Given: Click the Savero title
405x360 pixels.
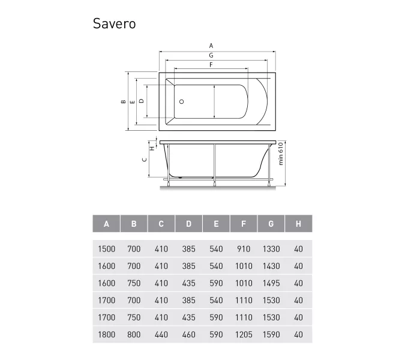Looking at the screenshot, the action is pyautogui.click(x=114, y=23).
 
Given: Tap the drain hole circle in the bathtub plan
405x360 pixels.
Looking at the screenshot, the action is pyautogui.click(x=182, y=102).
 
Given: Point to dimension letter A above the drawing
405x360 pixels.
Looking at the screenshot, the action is pyautogui.click(x=211, y=46).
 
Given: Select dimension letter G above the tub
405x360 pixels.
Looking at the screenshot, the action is pyautogui.click(x=211, y=55).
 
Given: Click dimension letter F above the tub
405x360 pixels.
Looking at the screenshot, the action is pyautogui.click(x=211, y=65).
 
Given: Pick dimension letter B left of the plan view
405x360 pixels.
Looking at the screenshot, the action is pyautogui.click(x=123, y=101).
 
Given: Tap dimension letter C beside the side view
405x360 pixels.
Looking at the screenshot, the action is pyautogui.click(x=145, y=160).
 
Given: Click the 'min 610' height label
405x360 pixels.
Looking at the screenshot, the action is pyautogui.click(x=281, y=154).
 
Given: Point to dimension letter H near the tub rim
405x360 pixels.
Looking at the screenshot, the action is pyautogui.click(x=152, y=148).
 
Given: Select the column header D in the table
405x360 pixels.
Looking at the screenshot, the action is pyautogui.click(x=188, y=224).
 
